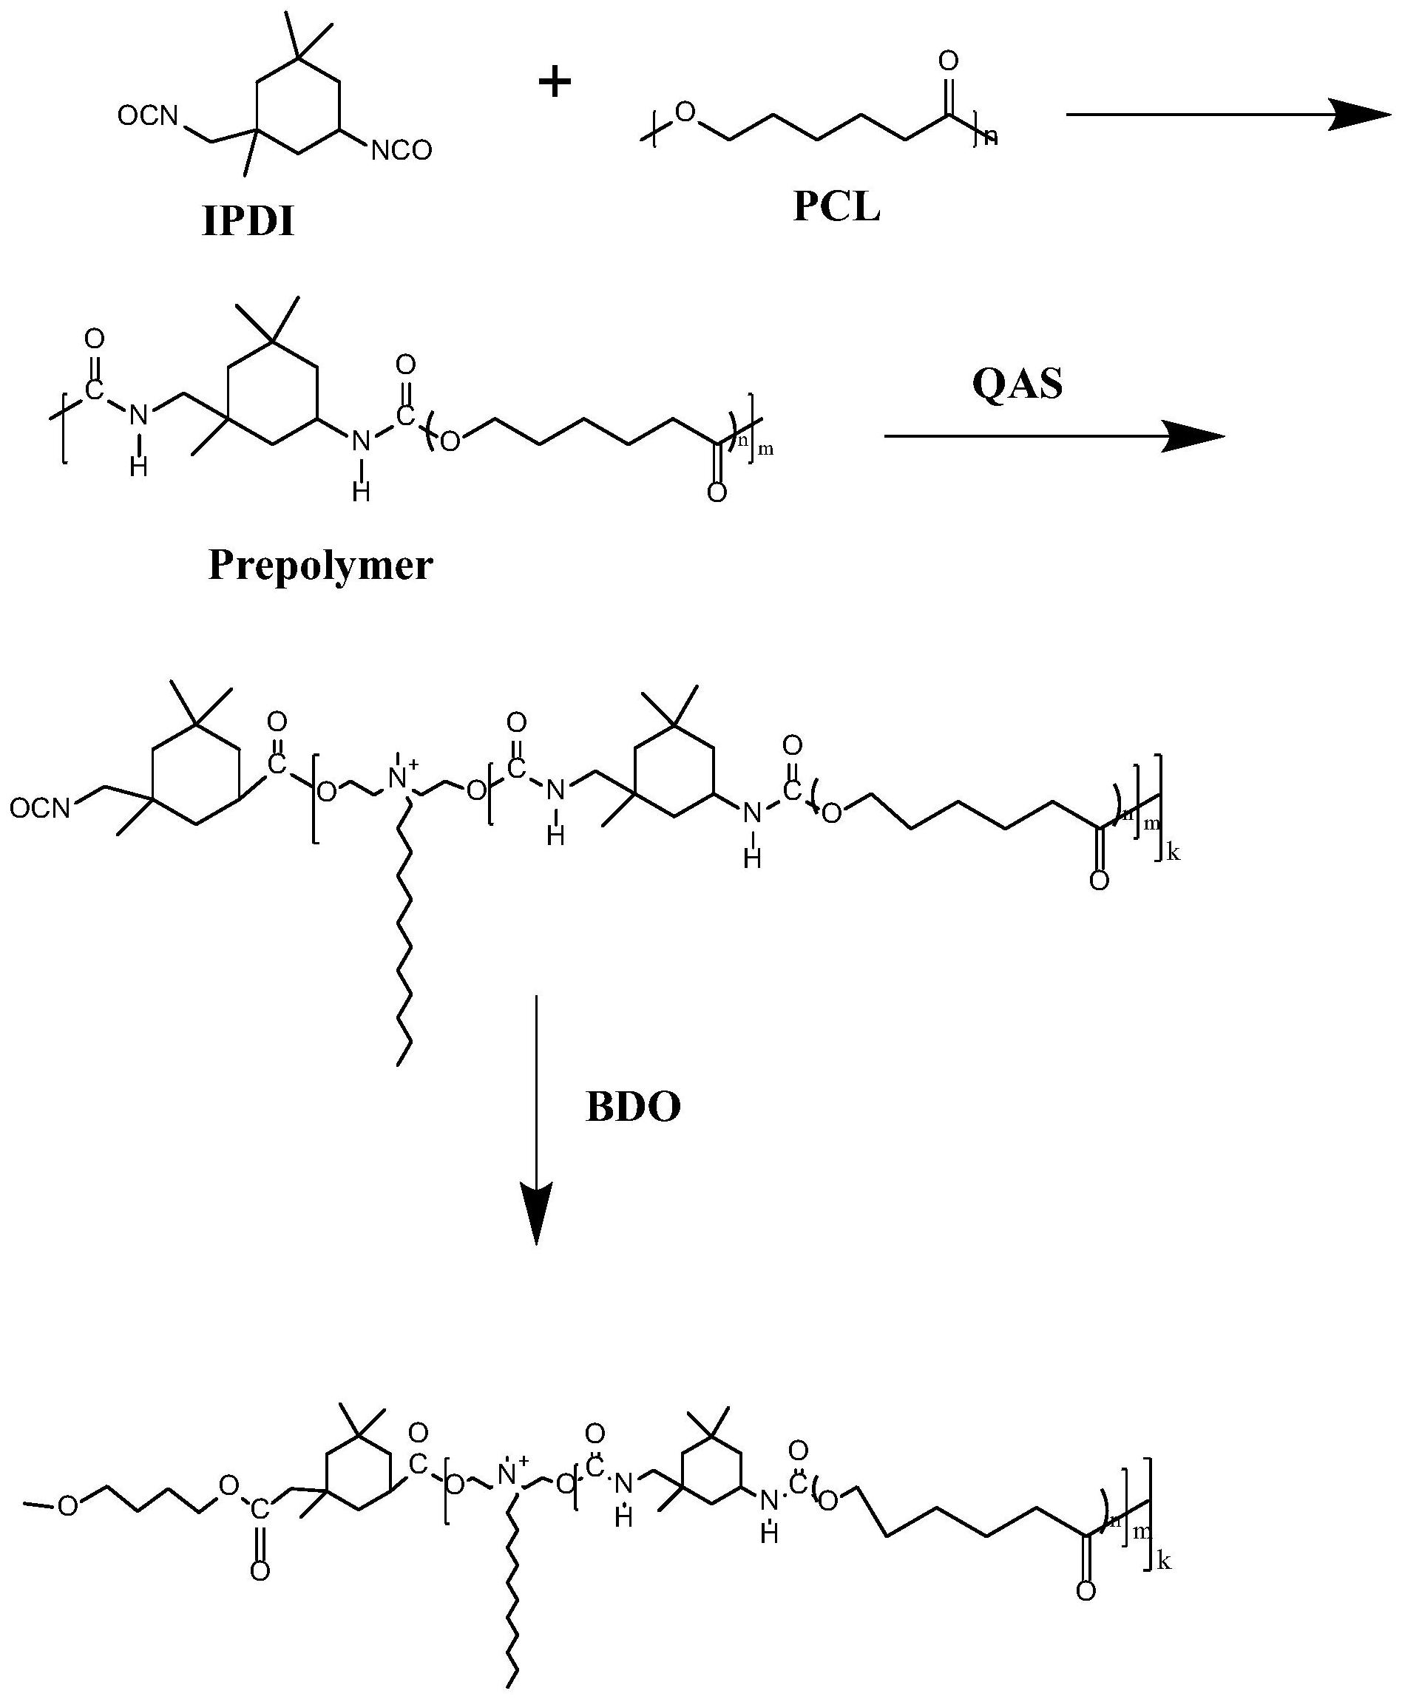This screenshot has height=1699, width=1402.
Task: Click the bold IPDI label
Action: coord(248,220)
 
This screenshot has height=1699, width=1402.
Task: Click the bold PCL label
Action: coord(836,208)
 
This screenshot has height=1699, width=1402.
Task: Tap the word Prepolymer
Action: coord(321,566)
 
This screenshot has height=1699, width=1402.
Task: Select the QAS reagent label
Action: coord(1017,384)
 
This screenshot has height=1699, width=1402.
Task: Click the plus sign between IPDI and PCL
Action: coord(555,82)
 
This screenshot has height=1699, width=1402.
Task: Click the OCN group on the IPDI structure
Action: coord(147,116)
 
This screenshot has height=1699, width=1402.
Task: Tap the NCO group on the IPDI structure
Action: coord(402,151)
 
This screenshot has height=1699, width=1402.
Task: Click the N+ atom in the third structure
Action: coord(400,778)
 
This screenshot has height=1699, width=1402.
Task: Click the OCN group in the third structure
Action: coord(41,808)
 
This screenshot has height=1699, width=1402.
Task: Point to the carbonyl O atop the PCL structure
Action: coord(949,61)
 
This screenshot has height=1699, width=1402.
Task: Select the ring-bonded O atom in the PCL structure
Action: coord(685,112)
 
